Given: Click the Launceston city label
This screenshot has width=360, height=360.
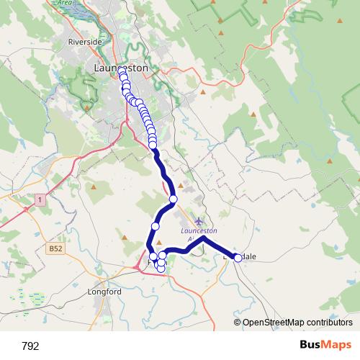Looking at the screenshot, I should pyautogui.click(x=121, y=68).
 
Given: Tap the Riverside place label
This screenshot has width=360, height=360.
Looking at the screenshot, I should pyautogui.click(x=85, y=42).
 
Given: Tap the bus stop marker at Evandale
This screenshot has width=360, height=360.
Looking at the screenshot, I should pyautogui.click(x=238, y=257).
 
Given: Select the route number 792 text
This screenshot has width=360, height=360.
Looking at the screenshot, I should pyautogui.click(x=30, y=346).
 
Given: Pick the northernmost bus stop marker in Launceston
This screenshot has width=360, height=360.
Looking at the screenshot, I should pyautogui.click(x=122, y=71).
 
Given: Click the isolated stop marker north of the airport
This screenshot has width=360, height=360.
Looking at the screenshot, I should pyautogui.click(x=173, y=199).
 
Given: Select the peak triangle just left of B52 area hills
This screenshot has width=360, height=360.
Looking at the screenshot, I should pyautogui.click(x=94, y=188).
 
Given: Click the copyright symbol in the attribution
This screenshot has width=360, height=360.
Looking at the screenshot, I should pyautogui.click(x=238, y=322).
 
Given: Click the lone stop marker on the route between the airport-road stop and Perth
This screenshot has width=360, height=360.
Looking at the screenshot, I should pyautogui.click(x=155, y=227).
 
